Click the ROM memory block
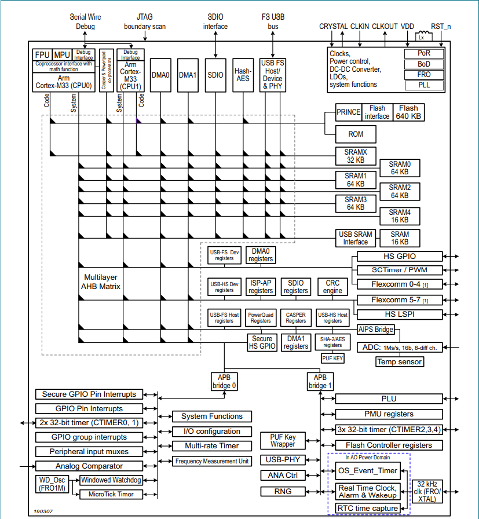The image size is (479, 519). coord(356,134)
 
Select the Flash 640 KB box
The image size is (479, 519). coord(408,112)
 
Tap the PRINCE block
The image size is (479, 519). coord(348,112)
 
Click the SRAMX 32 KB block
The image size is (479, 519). coord(356,156)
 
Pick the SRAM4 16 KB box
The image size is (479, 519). coord(399,216)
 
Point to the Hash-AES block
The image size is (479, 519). coord(243,75)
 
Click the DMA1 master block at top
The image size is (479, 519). coord(188,75)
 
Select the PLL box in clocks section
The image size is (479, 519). coord(424,85)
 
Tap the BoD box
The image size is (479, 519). coord(424,64)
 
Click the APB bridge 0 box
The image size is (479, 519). coord(224,381)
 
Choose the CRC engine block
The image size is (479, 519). coord(332,287)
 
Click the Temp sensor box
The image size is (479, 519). coord(400,361)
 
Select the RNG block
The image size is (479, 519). coord(283,491)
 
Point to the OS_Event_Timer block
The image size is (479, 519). coord(368,470)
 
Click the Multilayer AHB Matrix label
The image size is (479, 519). coord(102,282)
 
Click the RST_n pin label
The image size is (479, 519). coord(441,27)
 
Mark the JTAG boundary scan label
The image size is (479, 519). coord(145,22)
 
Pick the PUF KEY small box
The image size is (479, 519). coord(332,359)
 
